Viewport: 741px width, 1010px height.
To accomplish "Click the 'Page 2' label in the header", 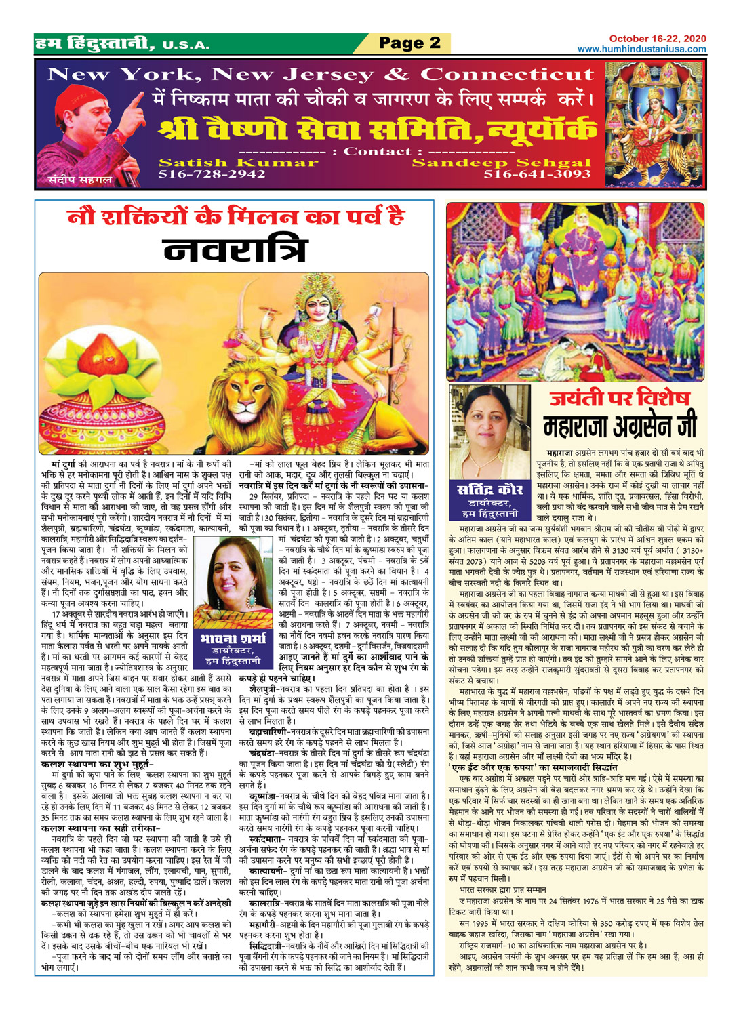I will click(x=409, y=43).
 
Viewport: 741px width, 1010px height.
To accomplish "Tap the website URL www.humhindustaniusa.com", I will click(x=641, y=49).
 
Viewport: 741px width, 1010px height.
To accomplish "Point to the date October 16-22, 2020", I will click(x=657, y=39).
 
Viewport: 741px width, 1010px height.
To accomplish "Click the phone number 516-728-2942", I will click(x=212, y=174).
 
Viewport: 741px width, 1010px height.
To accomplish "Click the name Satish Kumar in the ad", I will click(x=238, y=163).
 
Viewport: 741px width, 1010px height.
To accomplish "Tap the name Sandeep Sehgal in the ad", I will click(x=502, y=163).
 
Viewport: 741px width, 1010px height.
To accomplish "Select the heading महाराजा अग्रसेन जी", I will click(x=619, y=426).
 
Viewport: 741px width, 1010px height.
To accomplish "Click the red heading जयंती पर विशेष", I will click(x=619, y=398).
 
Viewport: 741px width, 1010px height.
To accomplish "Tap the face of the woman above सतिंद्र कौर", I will click(x=489, y=417).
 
